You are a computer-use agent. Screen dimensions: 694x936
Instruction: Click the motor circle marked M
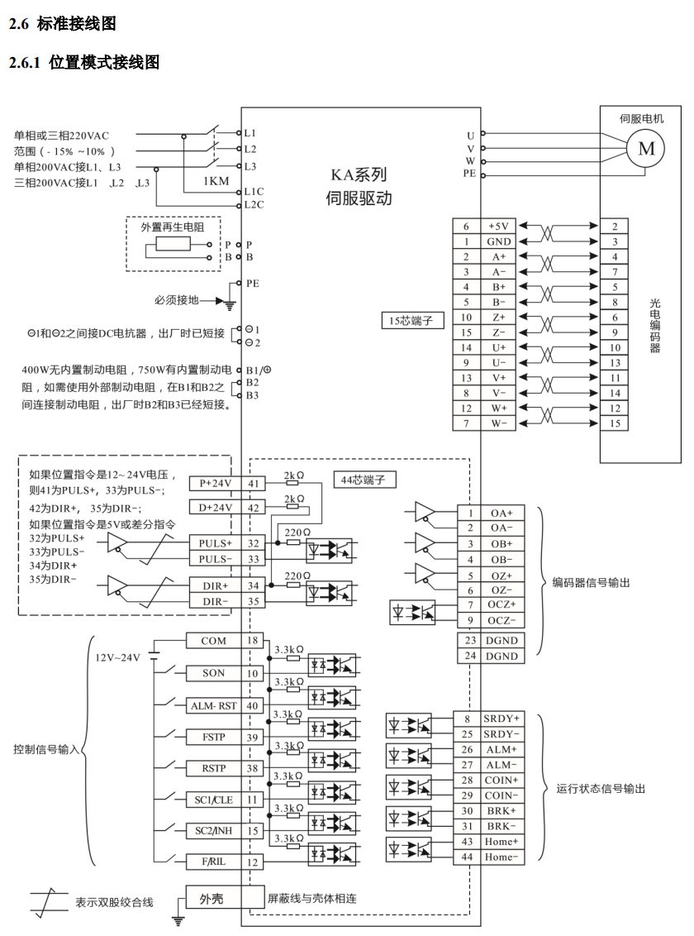tap(646, 148)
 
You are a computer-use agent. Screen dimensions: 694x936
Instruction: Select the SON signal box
tap(213, 673)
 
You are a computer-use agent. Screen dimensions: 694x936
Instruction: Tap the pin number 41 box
tap(254, 484)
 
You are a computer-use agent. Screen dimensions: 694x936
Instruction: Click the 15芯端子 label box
tap(412, 321)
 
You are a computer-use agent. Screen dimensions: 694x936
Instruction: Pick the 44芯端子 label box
tap(364, 480)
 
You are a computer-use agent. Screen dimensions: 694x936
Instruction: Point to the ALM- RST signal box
tap(213, 705)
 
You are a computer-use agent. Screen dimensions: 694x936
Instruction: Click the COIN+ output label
tap(501, 781)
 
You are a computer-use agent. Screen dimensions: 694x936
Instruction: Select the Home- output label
tap(501, 857)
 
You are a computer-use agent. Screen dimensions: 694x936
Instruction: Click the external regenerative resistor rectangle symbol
tap(173, 244)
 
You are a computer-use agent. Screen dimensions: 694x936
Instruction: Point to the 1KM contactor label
tap(216, 181)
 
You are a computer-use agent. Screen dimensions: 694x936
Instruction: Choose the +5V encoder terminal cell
tap(498, 227)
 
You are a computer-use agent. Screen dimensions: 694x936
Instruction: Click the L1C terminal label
tap(254, 192)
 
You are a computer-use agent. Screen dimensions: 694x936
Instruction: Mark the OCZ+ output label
tap(502, 604)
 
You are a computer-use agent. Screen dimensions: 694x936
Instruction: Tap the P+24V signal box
tap(216, 484)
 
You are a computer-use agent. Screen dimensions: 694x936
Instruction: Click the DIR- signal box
tap(216, 601)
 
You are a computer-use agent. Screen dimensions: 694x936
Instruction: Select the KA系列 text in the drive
tap(359, 174)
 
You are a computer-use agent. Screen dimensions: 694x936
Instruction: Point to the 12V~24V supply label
tap(117, 657)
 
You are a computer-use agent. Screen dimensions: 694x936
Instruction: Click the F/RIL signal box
tap(213, 862)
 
